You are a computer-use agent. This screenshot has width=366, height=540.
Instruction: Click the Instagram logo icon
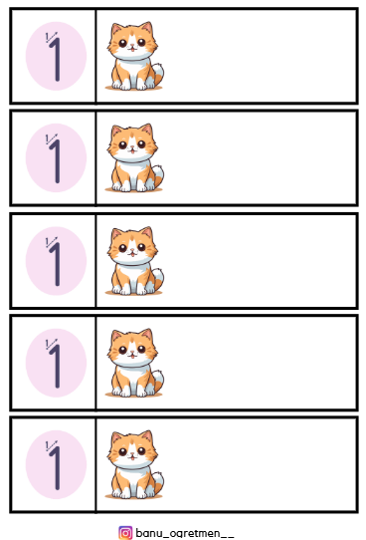[x=125, y=532]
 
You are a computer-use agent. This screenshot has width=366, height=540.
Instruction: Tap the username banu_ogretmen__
[x=185, y=533]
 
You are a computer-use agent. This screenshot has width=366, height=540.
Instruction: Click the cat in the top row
[x=134, y=56]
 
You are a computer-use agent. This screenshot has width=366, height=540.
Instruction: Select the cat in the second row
[x=134, y=157]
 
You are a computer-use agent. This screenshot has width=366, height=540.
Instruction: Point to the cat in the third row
[x=134, y=261]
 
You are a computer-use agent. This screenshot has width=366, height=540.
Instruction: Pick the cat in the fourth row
[x=134, y=363]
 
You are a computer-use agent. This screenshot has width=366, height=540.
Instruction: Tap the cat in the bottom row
[x=134, y=464]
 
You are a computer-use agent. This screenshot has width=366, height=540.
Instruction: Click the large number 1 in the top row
[x=56, y=59]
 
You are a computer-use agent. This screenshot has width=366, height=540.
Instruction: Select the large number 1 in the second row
[x=56, y=160]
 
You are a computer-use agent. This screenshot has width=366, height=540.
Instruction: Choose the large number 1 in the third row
[x=56, y=264]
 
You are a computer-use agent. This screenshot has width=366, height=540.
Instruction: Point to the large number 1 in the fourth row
[x=56, y=366]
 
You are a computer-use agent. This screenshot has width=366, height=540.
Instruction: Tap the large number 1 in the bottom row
[x=56, y=467]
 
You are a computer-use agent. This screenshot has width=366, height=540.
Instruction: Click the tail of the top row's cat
[x=158, y=74]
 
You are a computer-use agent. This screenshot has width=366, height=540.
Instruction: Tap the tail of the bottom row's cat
[x=158, y=482]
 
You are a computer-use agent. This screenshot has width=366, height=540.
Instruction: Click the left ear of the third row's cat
[x=116, y=234]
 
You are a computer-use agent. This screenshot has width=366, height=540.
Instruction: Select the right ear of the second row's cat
[x=147, y=131]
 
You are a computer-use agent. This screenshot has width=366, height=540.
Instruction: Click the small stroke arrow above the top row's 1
[x=53, y=37]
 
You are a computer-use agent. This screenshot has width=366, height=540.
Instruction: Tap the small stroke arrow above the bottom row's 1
[x=53, y=445]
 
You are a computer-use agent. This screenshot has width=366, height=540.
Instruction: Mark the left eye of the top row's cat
[x=122, y=43]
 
